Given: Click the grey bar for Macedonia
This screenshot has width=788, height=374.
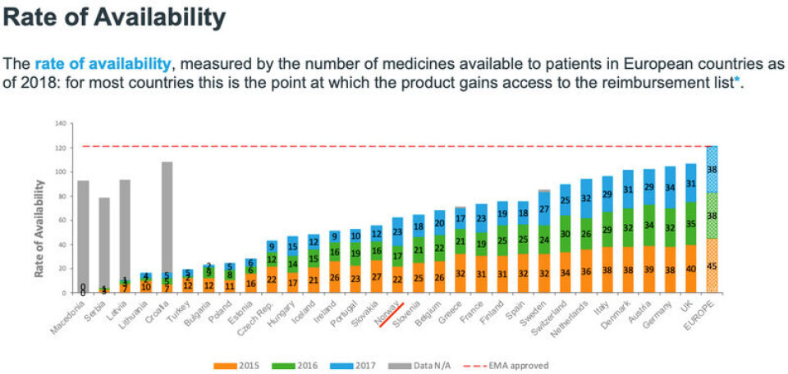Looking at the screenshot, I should pos(83,230).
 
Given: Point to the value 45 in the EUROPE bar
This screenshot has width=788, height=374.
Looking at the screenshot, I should pos(711,265).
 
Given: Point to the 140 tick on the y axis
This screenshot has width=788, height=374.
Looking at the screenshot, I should pos(60,124).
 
